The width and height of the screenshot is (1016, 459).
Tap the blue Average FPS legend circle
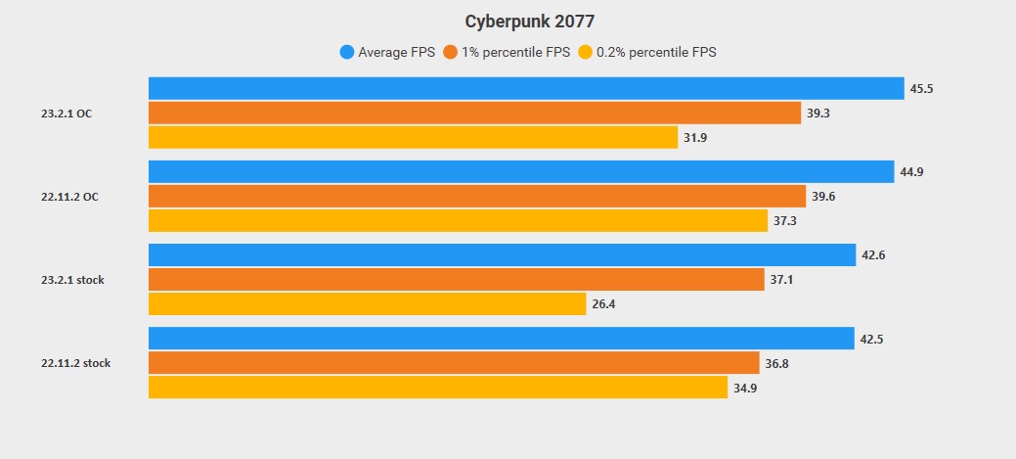[346, 52]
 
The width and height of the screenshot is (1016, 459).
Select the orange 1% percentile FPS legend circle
[451, 52]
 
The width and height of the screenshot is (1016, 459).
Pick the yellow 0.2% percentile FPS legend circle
[585, 52]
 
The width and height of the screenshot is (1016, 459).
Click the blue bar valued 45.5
[526, 88]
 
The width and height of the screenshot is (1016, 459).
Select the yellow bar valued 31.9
[413, 138]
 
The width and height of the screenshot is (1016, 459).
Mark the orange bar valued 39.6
[477, 197]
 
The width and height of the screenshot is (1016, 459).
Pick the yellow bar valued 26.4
[367, 304]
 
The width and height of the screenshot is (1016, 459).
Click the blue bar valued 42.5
[501, 339]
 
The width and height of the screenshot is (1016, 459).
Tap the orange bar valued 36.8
[454, 363]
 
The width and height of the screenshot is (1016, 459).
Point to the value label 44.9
[911, 172]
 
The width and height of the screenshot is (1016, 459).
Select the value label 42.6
[873, 255]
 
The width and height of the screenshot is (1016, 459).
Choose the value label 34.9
[745, 388]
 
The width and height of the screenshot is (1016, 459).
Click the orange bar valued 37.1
[456, 280]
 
